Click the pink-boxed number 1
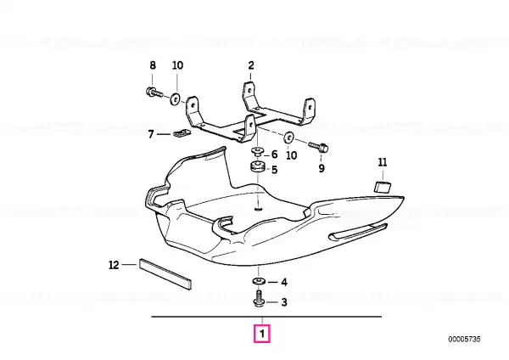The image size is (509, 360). pyautogui.click(x=261, y=334)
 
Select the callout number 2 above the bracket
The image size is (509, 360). pyautogui.click(x=251, y=65)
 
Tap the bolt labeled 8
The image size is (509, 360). pyautogui.click(x=154, y=93)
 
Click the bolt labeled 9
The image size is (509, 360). pyautogui.click(x=319, y=147)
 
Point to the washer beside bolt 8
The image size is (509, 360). pyautogui.click(x=176, y=98)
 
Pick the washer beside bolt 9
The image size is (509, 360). pyautogui.click(x=288, y=138)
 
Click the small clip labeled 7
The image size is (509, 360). pyautogui.click(x=182, y=132)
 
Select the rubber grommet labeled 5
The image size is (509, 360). pyautogui.click(x=258, y=168)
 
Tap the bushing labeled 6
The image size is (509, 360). pyautogui.click(x=258, y=151)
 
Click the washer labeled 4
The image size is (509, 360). pyautogui.click(x=259, y=281)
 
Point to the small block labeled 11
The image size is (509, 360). pyautogui.click(x=383, y=187)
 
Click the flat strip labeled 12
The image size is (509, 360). pyautogui.click(x=165, y=273)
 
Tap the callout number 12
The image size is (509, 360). pyautogui.click(x=114, y=265)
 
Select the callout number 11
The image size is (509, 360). pyautogui.click(x=383, y=162)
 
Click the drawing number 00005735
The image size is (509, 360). pyautogui.click(x=464, y=340)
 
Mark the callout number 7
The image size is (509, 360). pyautogui.click(x=151, y=134)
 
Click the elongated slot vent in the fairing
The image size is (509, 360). pyautogui.click(x=357, y=231)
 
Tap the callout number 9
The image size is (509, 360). pyautogui.click(x=322, y=168)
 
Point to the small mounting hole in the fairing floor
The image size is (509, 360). pyautogui.click(x=259, y=209)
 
